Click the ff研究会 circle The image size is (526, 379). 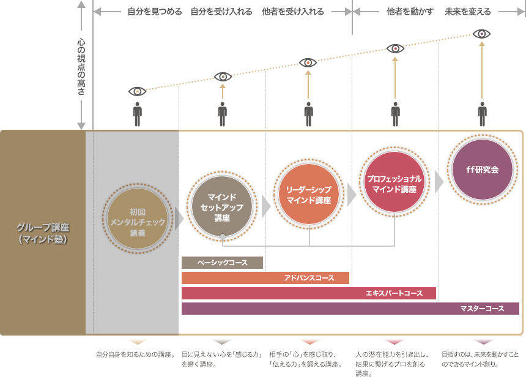(x=482, y=170)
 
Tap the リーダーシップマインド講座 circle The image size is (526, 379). (x=308, y=195)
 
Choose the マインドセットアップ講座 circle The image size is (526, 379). (x=222, y=207)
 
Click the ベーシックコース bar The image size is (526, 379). (x=222, y=263)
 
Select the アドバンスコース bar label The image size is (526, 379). (x=309, y=278)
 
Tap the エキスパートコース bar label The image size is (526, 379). (x=394, y=293)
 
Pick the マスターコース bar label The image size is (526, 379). (x=482, y=309)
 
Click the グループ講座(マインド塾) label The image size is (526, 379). (x=43, y=233)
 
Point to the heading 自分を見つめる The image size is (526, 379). (x=154, y=12)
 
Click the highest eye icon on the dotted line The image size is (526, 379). (x=482, y=34)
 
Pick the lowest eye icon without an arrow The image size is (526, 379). (x=137, y=91)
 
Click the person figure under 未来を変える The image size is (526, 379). (x=482, y=114)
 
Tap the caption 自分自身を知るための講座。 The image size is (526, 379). (x=136, y=355)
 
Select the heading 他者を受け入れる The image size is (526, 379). (x=292, y=12)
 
